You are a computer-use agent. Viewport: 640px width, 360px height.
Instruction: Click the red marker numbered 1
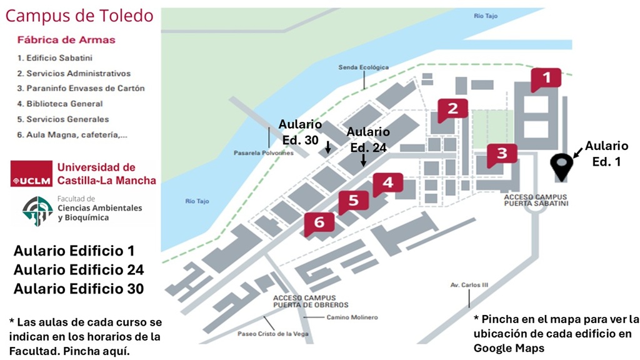[546, 79]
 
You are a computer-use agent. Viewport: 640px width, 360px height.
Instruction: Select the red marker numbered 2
[453, 109]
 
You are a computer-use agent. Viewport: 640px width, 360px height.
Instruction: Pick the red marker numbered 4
[388, 183]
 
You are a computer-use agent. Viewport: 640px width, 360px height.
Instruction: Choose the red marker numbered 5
[354, 201]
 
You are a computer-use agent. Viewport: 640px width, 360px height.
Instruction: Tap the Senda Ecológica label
[363, 67]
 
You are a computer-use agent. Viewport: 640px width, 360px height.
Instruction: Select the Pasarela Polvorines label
[264, 153]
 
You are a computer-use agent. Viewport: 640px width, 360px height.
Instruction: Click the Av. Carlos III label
[469, 285]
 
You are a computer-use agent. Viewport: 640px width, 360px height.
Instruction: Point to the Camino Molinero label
[352, 317]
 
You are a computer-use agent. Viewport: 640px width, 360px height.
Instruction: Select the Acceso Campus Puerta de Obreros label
[304, 301]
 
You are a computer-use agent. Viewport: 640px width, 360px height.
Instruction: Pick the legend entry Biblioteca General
[60, 104]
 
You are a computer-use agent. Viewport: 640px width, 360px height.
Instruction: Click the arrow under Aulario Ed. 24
[363, 160]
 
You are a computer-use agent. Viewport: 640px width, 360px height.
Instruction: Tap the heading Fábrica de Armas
[66, 40]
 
